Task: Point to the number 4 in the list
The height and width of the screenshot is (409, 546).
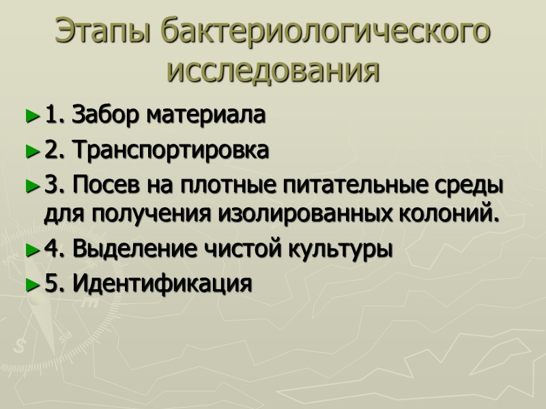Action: pos(51,249)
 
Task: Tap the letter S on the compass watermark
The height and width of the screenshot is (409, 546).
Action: pos(18,346)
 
